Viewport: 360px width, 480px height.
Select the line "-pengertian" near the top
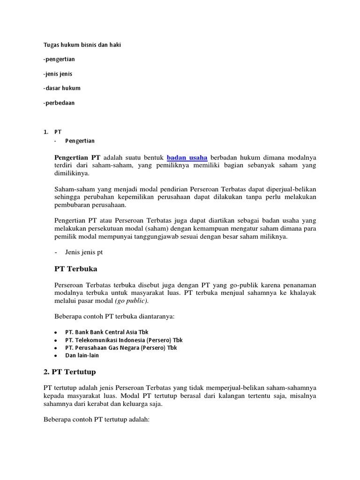tap(59, 60)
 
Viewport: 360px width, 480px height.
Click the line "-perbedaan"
tap(59, 102)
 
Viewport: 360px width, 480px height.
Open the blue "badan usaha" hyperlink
tap(187, 157)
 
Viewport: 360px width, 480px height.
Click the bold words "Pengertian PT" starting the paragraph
tap(77, 157)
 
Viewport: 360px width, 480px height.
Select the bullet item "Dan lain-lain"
tap(82, 355)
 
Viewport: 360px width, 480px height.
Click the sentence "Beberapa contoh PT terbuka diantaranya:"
tap(114, 316)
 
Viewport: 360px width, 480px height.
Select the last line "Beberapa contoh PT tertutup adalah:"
tap(96, 420)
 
